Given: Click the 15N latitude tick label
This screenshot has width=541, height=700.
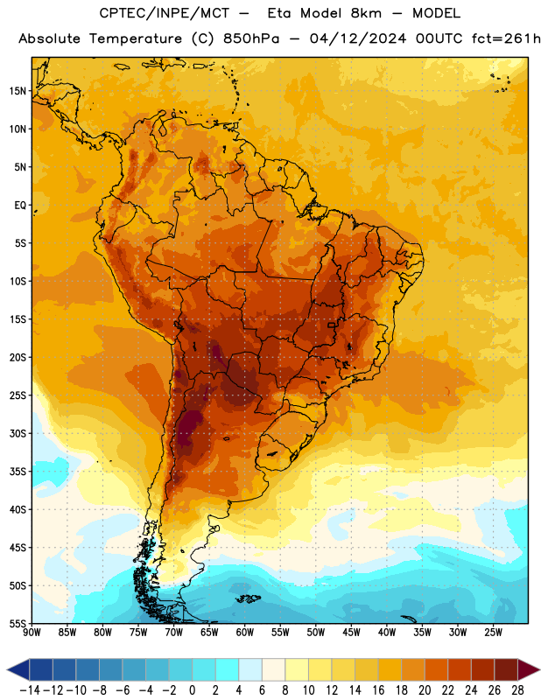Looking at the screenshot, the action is point(18,91).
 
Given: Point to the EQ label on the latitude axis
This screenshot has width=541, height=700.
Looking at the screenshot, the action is point(20,206).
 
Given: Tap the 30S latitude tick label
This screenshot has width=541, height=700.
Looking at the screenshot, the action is point(18,433).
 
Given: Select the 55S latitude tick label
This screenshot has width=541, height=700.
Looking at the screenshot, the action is point(18,624).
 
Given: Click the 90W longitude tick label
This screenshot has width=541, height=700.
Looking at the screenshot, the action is point(32,633).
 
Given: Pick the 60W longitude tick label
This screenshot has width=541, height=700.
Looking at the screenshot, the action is point(245,633).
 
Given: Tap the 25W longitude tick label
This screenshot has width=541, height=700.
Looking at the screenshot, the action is point(493,633).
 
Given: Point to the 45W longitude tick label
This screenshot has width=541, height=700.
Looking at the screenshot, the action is point(351,633).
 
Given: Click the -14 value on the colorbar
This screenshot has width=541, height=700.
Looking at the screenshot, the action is point(30,690).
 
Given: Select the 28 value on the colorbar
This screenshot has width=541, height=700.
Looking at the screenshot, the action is point(517,690).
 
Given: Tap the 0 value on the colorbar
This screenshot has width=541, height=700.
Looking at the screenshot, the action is point(192,690).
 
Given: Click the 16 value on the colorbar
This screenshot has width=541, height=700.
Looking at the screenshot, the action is point(378,690).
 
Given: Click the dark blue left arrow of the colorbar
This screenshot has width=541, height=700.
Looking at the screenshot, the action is point(18,669).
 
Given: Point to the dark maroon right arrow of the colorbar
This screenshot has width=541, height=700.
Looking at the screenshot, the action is point(529,669).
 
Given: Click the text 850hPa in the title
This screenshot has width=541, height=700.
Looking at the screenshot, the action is point(251,38).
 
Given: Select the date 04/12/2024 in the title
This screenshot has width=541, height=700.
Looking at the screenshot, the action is point(358,38).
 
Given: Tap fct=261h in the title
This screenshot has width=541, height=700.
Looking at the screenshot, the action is point(506,38).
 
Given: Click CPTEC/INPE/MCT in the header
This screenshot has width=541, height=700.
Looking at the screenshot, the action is point(165,13).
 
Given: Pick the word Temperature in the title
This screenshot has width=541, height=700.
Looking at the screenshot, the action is point(136,39).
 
